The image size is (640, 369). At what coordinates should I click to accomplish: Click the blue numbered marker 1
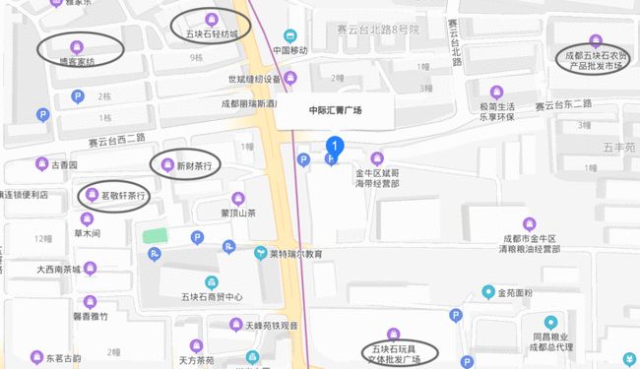(335, 148)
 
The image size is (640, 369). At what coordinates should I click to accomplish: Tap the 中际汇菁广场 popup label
(335, 110)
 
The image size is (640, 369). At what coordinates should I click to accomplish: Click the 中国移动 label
(291, 49)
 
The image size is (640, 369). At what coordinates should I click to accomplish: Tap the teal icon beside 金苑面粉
(487, 292)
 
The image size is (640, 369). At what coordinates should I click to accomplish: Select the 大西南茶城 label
(65, 268)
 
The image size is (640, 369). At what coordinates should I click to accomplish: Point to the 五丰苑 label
(619, 147)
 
